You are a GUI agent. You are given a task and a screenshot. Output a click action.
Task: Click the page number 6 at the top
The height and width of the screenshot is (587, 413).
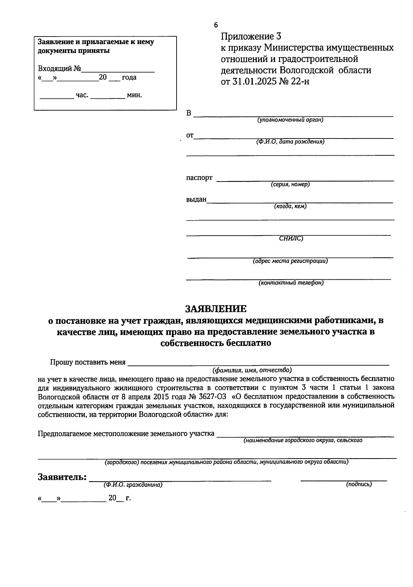(x=216, y=25)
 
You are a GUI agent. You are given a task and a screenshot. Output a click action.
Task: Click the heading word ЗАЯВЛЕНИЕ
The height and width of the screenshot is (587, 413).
(x=216, y=308)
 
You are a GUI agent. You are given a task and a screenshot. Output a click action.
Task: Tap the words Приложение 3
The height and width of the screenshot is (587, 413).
(x=251, y=36)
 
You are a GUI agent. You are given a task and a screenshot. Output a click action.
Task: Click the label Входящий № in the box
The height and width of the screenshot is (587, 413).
(x=59, y=68)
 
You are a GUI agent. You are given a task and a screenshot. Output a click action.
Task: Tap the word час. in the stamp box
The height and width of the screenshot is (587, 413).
(x=82, y=95)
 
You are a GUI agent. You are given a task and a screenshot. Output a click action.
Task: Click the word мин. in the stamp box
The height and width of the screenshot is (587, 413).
(x=134, y=95)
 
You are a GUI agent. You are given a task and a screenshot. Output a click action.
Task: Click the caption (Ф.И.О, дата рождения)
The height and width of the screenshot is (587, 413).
(x=290, y=142)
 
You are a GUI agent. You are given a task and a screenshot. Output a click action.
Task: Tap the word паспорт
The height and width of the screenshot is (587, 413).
(x=199, y=178)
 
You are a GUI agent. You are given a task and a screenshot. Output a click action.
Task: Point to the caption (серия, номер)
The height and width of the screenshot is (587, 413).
(x=290, y=184)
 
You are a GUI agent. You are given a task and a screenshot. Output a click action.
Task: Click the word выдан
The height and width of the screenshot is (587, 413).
(x=196, y=199)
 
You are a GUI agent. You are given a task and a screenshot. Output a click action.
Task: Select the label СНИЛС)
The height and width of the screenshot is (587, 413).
(x=291, y=238)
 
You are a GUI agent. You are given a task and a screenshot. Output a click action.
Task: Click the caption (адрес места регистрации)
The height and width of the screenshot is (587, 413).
(x=290, y=261)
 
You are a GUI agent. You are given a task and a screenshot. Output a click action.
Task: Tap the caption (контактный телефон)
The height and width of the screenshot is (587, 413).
(x=291, y=283)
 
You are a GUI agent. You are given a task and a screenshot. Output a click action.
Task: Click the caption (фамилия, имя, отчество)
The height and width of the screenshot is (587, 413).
(x=252, y=370)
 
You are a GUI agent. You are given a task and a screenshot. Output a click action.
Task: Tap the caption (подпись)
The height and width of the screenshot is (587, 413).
(x=359, y=484)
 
